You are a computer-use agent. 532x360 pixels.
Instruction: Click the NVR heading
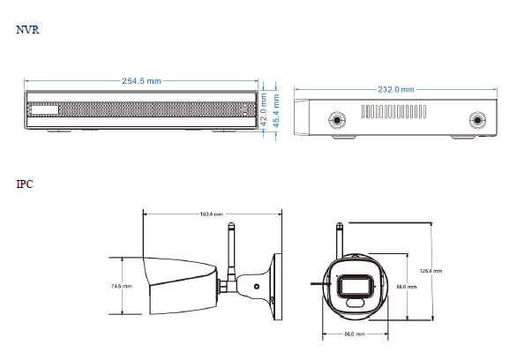[x=28, y=30]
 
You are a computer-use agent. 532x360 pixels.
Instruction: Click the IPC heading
[x=25, y=184]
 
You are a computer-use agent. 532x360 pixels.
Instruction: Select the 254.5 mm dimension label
[x=141, y=81]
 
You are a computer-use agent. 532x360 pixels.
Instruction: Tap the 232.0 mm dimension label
[x=396, y=90]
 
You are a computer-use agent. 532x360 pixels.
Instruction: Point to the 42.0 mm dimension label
[x=264, y=110]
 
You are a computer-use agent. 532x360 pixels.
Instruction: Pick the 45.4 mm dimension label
[x=276, y=111]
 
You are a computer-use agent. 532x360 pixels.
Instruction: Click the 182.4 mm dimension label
[x=212, y=214]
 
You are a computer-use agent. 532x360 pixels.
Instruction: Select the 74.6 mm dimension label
[x=121, y=286]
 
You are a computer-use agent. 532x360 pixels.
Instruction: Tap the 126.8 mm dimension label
[x=431, y=271]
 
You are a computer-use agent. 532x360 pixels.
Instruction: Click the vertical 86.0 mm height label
[x=407, y=287]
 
